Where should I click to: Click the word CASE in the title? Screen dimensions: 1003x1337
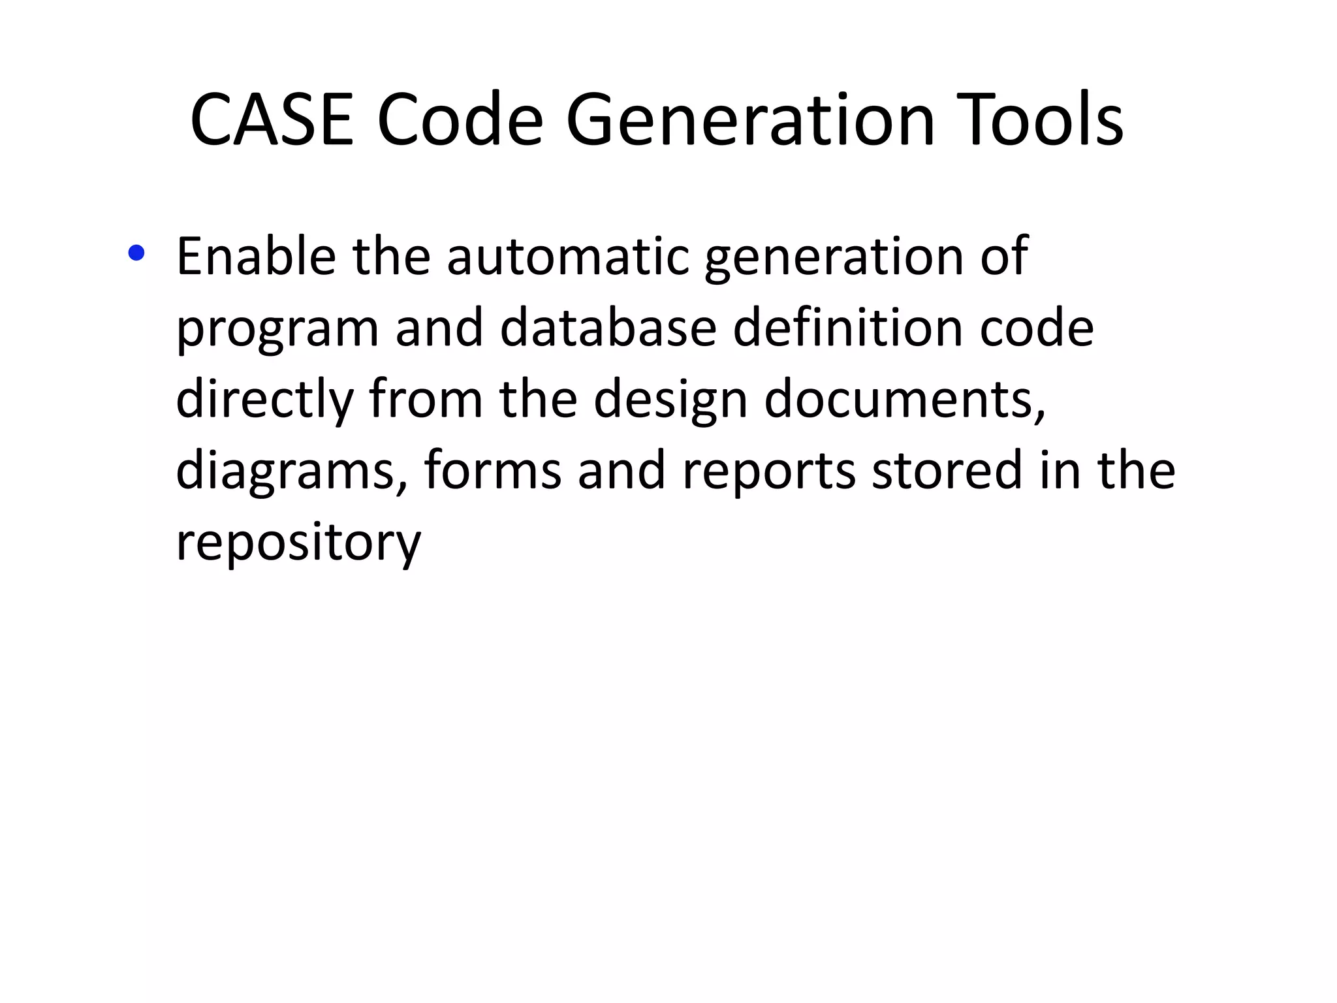[272, 120]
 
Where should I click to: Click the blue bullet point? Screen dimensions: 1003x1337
[136, 253]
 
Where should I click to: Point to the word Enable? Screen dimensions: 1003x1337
[256, 256]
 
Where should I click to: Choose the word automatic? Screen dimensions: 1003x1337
[567, 256]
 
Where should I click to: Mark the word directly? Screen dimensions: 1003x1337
[264, 400]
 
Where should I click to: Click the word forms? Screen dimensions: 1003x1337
[492, 470]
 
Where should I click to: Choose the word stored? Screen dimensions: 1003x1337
[947, 470]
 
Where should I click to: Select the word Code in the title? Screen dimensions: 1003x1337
[460, 120]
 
